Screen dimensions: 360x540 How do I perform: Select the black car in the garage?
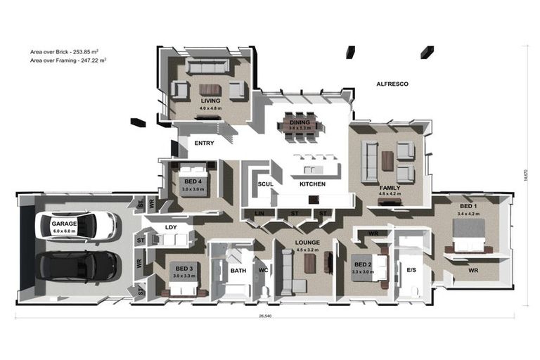pos(69,267)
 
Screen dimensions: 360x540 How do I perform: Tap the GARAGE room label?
pos(63,223)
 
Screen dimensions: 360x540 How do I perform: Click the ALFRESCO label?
pos(392,84)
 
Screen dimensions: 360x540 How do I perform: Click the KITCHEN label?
pos(312,184)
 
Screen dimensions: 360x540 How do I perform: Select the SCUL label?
pos(265,184)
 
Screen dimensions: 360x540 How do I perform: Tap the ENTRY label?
pos(204,143)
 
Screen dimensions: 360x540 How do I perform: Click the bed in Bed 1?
pos(468,234)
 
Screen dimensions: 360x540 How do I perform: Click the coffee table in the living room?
pos(210,89)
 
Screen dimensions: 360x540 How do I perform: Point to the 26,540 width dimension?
pos(265,316)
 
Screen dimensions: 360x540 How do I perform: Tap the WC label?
pos(263,269)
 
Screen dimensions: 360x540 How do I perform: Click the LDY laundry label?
pos(171,227)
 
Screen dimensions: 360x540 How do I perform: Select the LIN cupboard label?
pos(259,213)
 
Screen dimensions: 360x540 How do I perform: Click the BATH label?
pos(238,269)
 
